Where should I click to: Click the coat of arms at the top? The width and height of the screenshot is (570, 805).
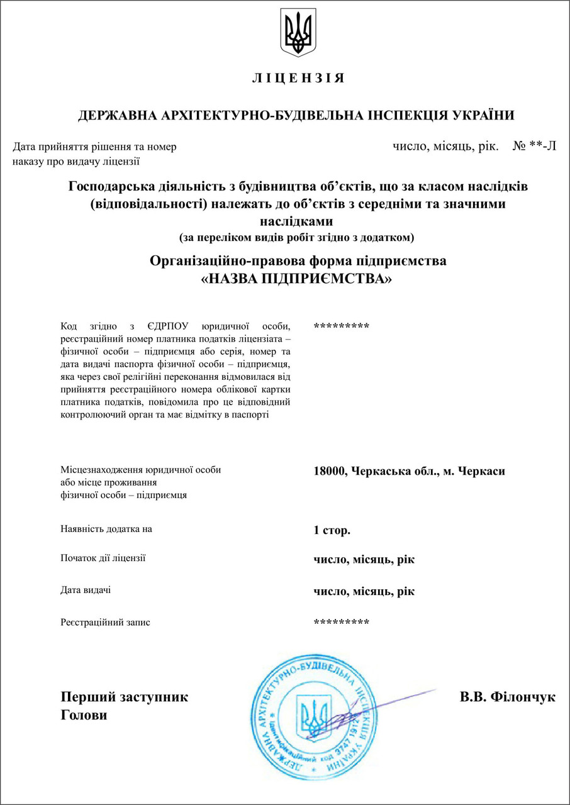point(298,33)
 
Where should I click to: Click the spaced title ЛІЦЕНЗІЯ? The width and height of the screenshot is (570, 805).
point(298,79)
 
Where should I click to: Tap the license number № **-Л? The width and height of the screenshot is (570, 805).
point(534,147)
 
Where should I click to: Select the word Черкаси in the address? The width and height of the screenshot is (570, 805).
point(482,471)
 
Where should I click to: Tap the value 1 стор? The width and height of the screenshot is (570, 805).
point(332,530)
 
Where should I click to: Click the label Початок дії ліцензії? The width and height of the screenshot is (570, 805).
point(103,558)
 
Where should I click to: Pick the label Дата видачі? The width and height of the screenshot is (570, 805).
point(86,590)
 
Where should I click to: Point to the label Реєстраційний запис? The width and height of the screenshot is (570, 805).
point(106,623)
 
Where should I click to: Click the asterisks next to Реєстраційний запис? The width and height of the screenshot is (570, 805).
point(341,623)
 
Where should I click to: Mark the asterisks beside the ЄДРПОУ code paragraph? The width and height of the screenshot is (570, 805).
point(341,326)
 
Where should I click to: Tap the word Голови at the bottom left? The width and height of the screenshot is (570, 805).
point(84,716)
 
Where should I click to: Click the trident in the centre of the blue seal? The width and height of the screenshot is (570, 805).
point(315,716)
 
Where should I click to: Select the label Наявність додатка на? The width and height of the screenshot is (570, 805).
point(106,529)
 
